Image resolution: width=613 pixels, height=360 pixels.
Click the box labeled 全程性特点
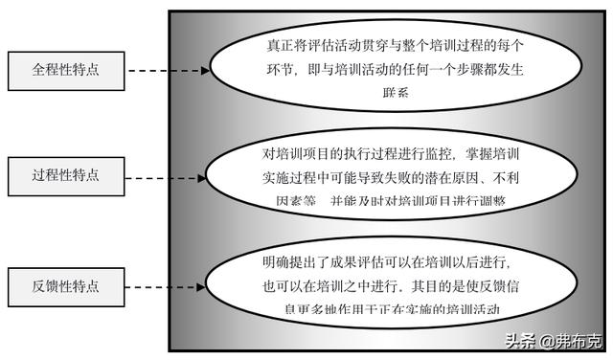(65, 70)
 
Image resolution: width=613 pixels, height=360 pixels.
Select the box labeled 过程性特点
(65, 177)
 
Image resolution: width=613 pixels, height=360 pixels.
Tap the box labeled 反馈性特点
(65, 285)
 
